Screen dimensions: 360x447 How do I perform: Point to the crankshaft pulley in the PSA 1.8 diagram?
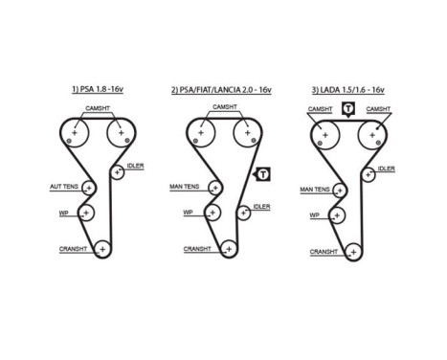pyautogui.click(x=101, y=250)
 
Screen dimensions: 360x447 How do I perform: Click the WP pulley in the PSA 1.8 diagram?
pyautogui.click(x=86, y=212)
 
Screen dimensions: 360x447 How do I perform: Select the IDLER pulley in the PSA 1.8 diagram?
pyautogui.click(x=118, y=172)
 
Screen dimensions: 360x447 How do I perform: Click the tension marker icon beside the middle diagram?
pyautogui.click(x=262, y=173)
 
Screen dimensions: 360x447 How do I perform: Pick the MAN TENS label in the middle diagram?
pyautogui.click(x=187, y=188)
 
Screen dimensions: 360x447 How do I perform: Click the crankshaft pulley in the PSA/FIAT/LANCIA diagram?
pyautogui.click(x=227, y=250)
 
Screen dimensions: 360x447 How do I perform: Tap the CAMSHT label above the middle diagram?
pyautogui.click(x=224, y=106)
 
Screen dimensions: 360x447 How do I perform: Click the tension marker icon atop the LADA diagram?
pyautogui.click(x=348, y=110)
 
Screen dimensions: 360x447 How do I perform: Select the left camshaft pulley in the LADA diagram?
pyautogui.click(x=325, y=135)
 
